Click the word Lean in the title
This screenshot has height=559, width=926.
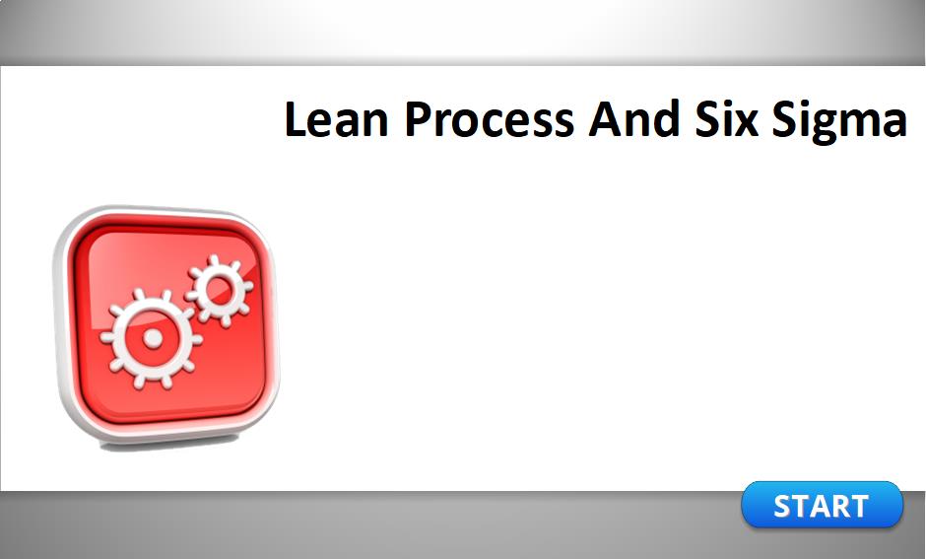[336, 119]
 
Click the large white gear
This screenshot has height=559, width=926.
[152, 338]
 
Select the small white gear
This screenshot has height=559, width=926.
[219, 290]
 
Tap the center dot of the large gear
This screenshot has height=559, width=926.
[153, 338]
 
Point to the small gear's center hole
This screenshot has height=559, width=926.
[219, 289]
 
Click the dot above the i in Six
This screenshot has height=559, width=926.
[723, 104]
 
